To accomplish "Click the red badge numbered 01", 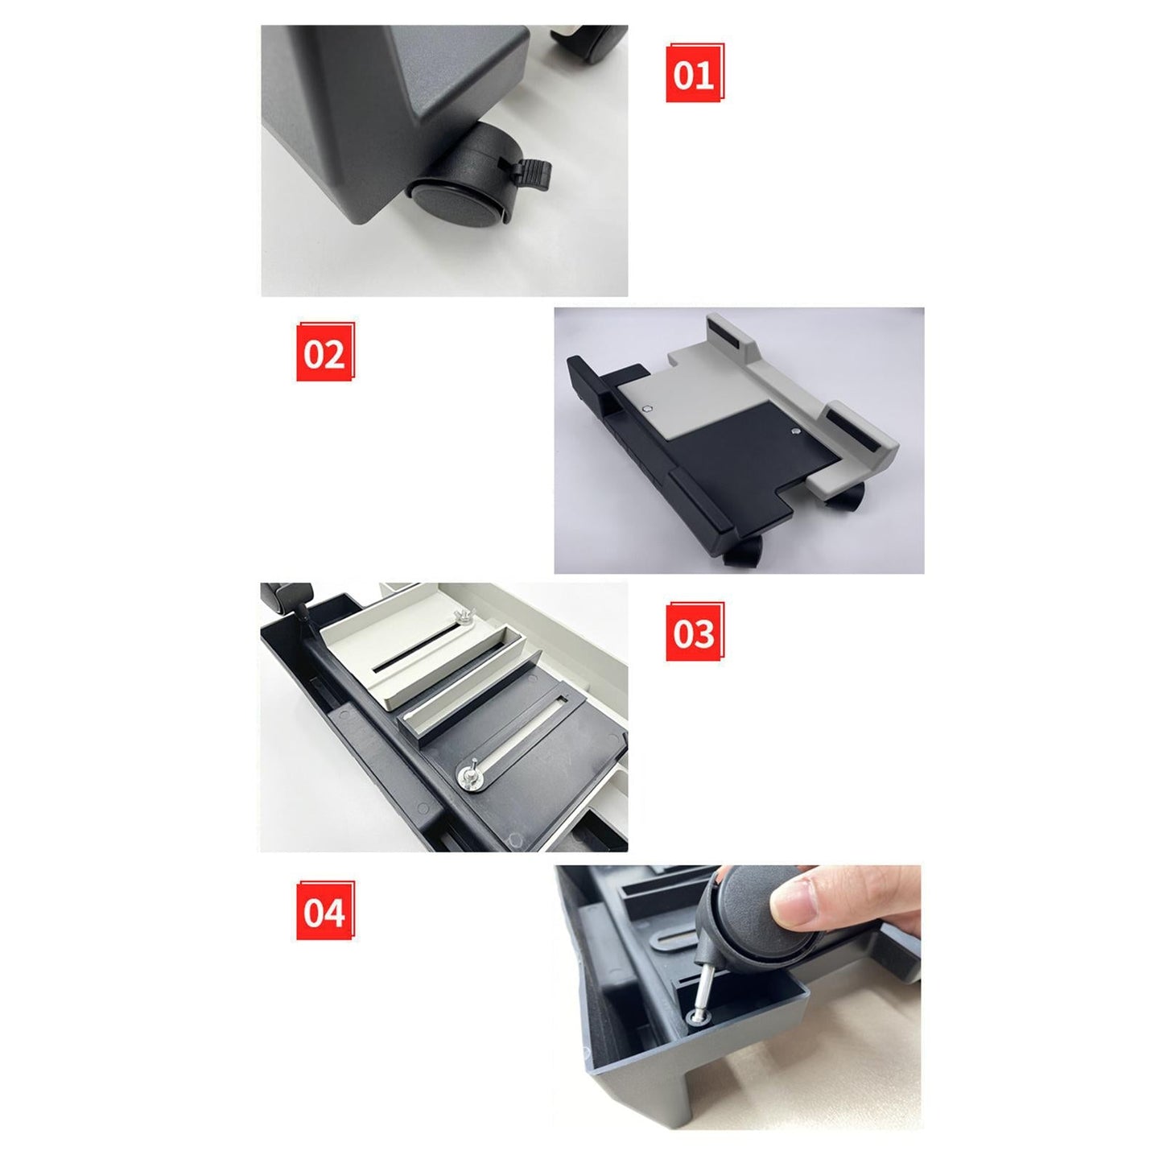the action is tap(695, 73).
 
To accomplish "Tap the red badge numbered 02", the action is tap(325, 351).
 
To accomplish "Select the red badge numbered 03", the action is tap(695, 631).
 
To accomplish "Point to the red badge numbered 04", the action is tap(325, 910).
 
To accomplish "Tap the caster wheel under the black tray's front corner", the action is tap(743, 551).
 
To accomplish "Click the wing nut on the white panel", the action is tap(464, 617).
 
